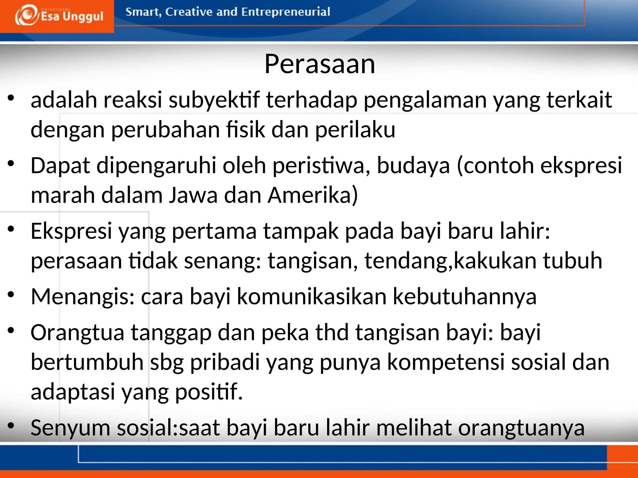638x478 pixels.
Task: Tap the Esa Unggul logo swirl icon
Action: pos(26,16)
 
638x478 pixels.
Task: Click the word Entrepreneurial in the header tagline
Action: pos(285,12)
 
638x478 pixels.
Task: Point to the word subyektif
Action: pos(214,100)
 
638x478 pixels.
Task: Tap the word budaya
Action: pos(413,165)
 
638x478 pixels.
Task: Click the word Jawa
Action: pos(193,195)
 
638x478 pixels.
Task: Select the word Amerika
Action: pos(312,195)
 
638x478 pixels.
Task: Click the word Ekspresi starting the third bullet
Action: pos(71,231)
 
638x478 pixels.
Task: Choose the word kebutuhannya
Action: pos(464,297)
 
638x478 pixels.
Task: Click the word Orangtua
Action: pos(78,333)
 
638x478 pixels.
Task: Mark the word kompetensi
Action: pos(445,362)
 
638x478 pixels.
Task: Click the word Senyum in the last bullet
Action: pos(70,428)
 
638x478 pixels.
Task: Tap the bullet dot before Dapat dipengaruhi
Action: pos(11,164)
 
